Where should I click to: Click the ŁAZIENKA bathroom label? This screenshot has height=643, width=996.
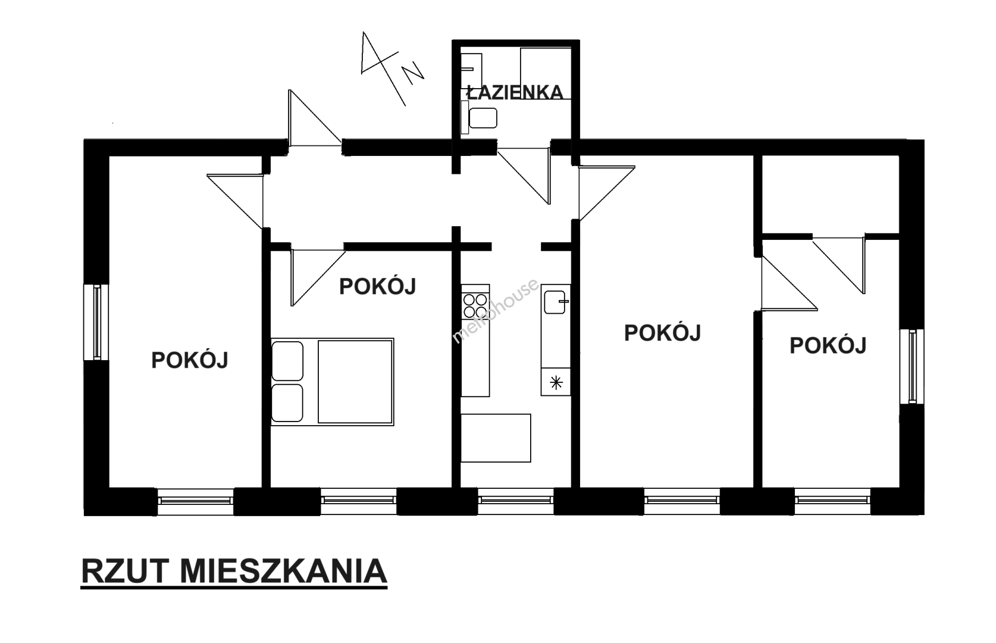pyautogui.click(x=515, y=92)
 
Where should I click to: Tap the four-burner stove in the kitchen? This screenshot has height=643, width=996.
pyautogui.click(x=475, y=306)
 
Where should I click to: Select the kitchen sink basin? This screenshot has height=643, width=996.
pyautogui.click(x=555, y=302)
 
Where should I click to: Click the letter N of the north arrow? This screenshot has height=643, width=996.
pyautogui.click(x=413, y=73)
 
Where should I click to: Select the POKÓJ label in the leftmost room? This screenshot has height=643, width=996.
pyautogui.click(x=190, y=360)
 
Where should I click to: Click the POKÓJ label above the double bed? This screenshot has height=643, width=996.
pyautogui.click(x=377, y=286)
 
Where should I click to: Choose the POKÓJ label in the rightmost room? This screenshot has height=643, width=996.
pyautogui.click(x=828, y=345)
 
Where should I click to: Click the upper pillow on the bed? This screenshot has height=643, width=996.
pyautogui.click(x=287, y=361)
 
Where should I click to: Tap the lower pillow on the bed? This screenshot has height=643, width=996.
pyautogui.click(x=287, y=403)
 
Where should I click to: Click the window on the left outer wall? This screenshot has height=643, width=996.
pyautogui.click(x=96, y=322)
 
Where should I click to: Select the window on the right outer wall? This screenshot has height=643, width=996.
pyautogui.click(x=912, y=366)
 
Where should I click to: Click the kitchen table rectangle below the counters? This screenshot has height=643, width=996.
pyautogui.click(x=496, y=438)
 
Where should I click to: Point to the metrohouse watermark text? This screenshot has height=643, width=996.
pyautogui.click(x=496, y=311)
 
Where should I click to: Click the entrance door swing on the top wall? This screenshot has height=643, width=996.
pyautogui.click(x=315, y=118)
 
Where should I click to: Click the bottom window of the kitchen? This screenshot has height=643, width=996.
pyautogui.click(x=516, y=501)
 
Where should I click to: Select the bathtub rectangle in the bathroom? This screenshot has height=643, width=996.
pyautogui.click(x=546, y=73)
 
